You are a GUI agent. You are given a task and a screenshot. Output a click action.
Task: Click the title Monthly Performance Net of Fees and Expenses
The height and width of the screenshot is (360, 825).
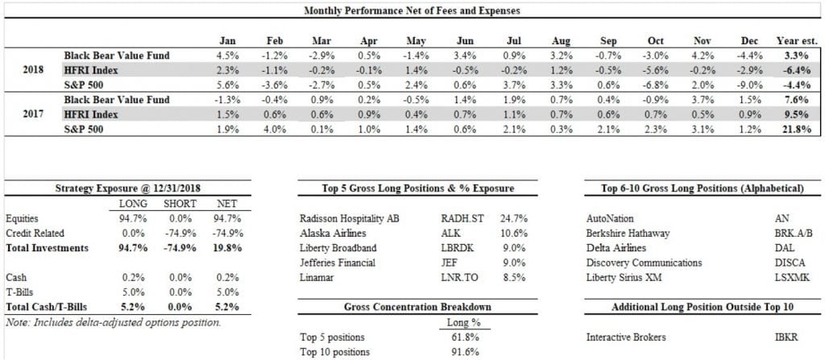point(412,11)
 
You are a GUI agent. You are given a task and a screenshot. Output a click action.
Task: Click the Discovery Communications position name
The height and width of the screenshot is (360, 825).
point(645,263)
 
